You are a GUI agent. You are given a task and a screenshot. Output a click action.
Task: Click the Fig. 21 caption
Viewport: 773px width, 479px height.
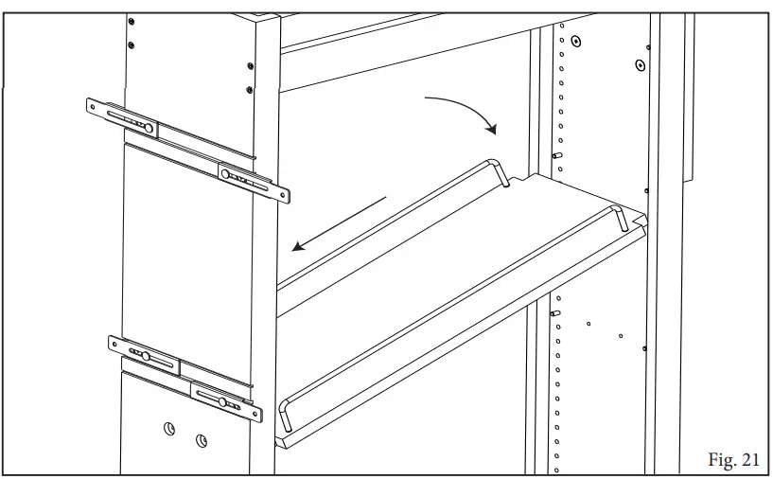(x=733, y=459)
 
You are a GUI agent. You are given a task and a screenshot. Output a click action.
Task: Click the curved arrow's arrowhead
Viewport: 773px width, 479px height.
(x=490, y=127)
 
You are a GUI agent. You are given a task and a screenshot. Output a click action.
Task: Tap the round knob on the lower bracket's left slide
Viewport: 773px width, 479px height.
(x=146, y=355)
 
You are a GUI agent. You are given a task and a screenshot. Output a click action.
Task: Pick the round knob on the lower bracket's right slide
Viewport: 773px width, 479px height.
(x=223, y=401)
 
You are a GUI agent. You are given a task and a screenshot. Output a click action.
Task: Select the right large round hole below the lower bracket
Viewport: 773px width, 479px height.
(x=202, y=440)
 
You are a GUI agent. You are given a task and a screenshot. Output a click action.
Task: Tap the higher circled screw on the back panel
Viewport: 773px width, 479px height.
(x=641, y=65)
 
